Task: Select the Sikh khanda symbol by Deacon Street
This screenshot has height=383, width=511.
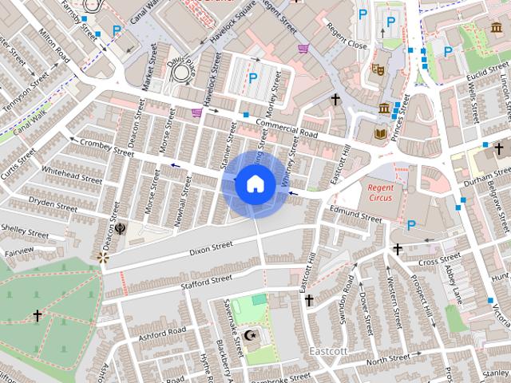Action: coord(119,227)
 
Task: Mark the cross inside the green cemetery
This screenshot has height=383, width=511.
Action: coord(37,316)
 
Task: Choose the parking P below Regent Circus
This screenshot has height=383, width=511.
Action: coord(412,225)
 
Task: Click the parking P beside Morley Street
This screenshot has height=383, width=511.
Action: coord(253,78)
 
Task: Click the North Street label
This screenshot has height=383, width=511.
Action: coord(387,359)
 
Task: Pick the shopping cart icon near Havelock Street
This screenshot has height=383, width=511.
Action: coord(197,113)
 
